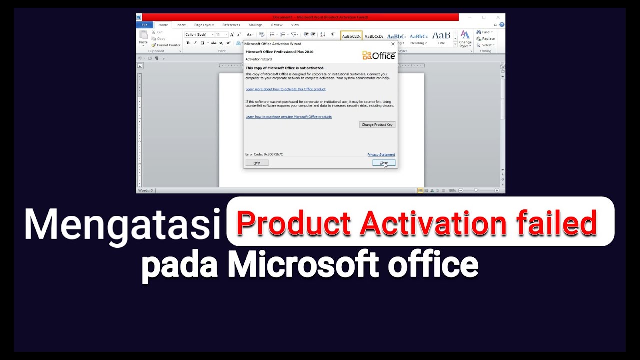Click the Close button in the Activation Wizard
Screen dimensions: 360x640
[x=383, y=163]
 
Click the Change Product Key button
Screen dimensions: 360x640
[x=377, y=124]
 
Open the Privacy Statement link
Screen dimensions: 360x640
[x=381, y=155]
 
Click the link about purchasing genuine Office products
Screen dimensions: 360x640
[x=288, y=117]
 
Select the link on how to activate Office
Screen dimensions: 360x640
[x=285, y=89]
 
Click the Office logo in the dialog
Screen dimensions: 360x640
[x=379, y=55]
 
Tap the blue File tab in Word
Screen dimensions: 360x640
[x=144, y=25]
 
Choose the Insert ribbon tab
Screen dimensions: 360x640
[x=181, y=25]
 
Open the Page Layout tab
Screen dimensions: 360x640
[x=204, y=25]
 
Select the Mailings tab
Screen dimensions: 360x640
[x=255, y=25]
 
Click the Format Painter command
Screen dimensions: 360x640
[x=166, y=45]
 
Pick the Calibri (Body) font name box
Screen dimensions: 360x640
[x=198, y=35]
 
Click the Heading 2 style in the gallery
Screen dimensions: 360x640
[x=419, y=38]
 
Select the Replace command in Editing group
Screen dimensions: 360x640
[x=486, y=39]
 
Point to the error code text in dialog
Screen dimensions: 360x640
[x=264, y=154]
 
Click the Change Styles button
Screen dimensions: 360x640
[x=465, y=38]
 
